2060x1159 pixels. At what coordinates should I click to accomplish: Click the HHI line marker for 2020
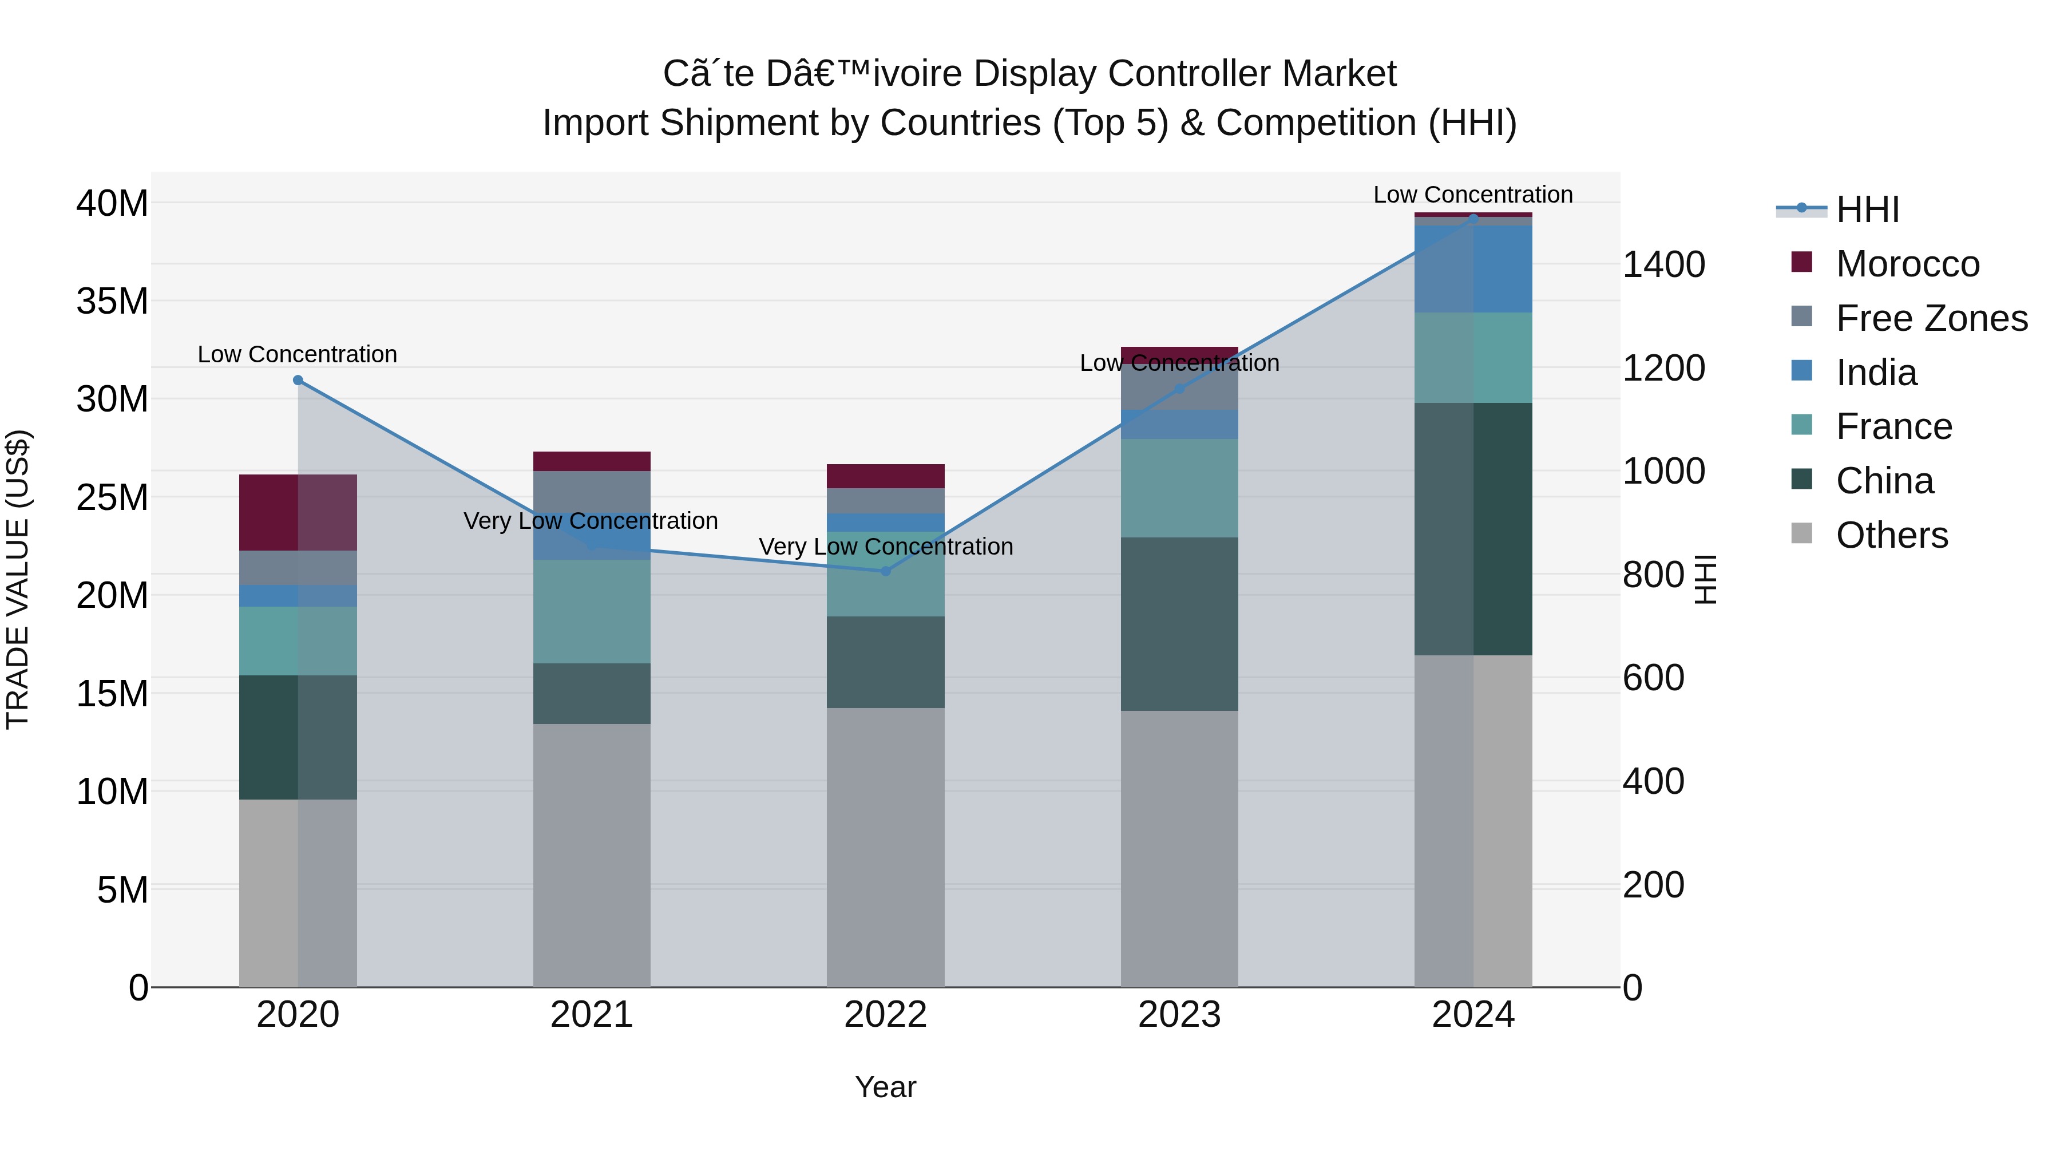298,380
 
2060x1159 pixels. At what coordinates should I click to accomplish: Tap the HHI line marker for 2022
885,571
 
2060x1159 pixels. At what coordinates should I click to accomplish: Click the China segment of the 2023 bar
1179,624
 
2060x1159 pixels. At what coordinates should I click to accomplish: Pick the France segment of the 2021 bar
592,611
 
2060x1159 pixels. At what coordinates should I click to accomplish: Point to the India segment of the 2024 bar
1473,269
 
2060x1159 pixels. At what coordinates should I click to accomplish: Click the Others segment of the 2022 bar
885,846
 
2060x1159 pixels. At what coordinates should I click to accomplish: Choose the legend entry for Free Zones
1931,318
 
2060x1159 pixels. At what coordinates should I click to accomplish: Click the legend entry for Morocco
1907,264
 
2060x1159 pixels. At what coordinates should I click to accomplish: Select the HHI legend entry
1867,209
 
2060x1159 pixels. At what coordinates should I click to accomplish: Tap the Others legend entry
1891,535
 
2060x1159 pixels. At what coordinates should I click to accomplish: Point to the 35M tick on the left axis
112,302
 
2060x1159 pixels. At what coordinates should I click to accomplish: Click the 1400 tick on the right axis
1663,265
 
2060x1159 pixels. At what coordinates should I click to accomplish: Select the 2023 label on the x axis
1179,1015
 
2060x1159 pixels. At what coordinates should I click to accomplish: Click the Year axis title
885,1087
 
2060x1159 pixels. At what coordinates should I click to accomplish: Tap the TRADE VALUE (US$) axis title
18,579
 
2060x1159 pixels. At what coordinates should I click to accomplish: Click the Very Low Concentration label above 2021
591,521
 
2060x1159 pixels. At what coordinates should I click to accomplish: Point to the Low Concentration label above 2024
1473,195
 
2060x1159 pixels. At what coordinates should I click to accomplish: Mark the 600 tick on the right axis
1653,678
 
